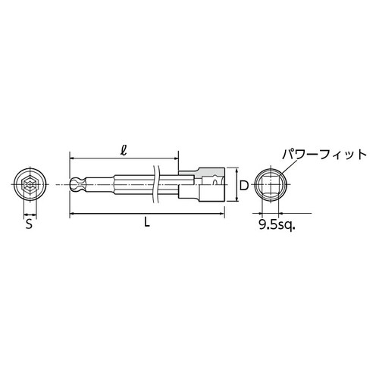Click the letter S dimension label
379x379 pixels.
tap(29, 224)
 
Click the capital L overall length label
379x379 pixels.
tap(146, 224)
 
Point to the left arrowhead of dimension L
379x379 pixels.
tap(72, 215)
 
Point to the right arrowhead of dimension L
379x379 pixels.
tap(223, 215)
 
